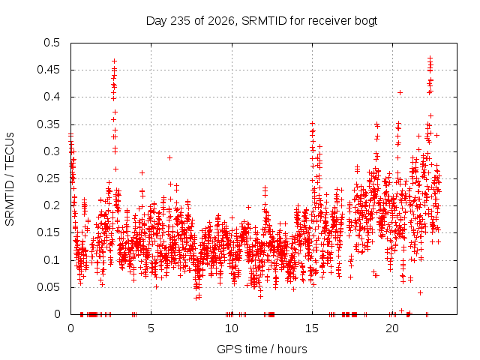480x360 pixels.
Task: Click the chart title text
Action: [x=262, y=21]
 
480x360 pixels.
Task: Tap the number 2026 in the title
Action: [x=221, y=21]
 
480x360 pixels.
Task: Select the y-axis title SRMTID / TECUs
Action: [x=10, y=179]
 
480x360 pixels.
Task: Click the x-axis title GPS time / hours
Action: [x=262, y=349]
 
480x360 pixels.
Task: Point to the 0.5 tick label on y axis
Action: [x=52, y=43]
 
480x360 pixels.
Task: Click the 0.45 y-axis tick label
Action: [x=49, y=70]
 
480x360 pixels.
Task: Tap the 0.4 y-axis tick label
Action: [x=52, y=97]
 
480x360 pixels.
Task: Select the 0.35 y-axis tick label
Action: [x=49, y=124]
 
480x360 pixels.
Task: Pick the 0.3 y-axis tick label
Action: [x=52, y=151]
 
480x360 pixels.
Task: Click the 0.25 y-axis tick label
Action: [x=49, y=178]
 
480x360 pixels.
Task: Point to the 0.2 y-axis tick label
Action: [x=52, y=205]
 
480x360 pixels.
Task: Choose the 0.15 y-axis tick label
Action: [x=49, y=232]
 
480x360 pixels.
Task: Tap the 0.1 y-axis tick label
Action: [x=52, y=260]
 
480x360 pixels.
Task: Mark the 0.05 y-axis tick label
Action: [x=49, y=287]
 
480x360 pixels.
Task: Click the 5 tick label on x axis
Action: [x=151, y=328]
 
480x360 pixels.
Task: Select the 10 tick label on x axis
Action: [x=232, y=328]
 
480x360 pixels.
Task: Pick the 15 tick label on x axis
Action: [x=312, y=328]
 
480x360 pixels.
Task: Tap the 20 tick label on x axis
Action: [x=392, y=328]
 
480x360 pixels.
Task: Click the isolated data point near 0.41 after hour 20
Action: [x=400, y=93]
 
